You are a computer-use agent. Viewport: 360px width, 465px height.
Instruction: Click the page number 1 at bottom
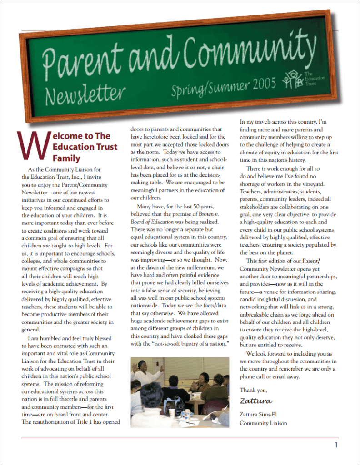pos(336,445)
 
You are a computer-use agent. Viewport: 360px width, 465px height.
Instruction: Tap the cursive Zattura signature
pos(256,401)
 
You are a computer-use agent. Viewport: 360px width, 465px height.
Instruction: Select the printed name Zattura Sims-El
pos(260,414)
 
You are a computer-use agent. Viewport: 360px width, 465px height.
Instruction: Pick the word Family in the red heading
pos(66,158)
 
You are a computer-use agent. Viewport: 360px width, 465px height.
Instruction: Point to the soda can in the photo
pos(187,414)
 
